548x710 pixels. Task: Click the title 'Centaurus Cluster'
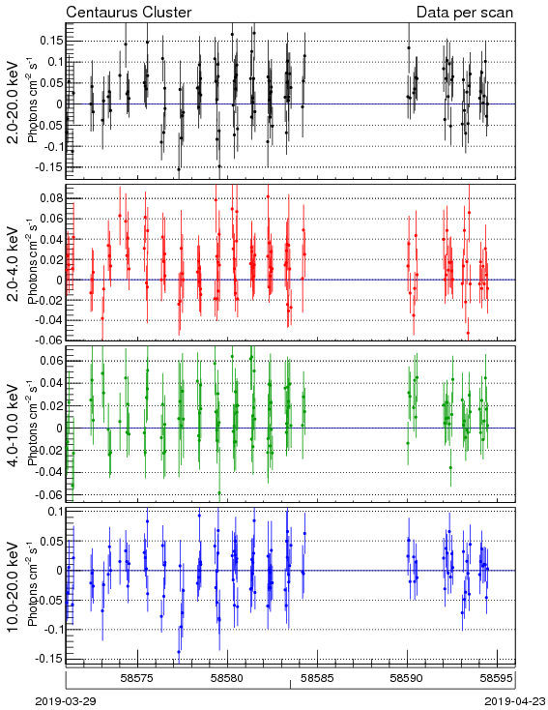coord(129,12)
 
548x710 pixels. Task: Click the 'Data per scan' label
coord(465,12)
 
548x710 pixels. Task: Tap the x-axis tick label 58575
coord(137,678)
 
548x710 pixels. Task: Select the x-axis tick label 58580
coord(228,678)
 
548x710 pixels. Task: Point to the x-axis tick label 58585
coord(318,678)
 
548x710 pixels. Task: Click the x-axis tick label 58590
coord(407,678)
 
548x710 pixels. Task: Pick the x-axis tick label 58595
coord(497,678)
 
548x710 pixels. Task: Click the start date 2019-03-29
coord(66,701)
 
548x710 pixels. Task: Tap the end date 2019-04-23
coord(515,701)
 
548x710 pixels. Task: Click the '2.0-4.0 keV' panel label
coord(14,263)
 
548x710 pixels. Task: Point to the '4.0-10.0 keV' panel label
coord(14,426)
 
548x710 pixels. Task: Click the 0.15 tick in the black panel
coord(51,41)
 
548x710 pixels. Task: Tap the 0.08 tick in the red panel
coord(51,198)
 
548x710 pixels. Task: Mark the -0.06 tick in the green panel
coord(49,495)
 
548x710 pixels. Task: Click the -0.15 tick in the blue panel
coord(49,660)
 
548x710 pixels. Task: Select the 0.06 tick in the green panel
coord(51,361)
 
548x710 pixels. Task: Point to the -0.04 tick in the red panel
coord(49,320)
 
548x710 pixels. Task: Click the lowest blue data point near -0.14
coord(179,652)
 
